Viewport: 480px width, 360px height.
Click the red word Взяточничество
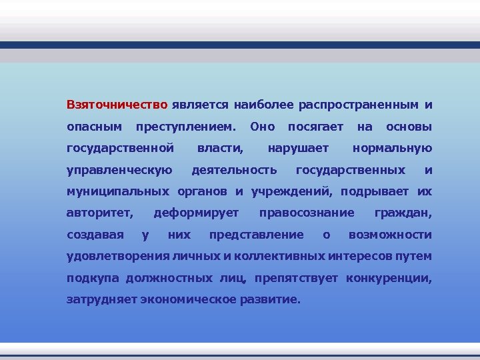tap(117, 105)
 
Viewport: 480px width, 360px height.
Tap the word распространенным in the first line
tap(359, 105)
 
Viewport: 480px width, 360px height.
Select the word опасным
tap(95, 127)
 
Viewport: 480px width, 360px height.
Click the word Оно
tap(261, 127)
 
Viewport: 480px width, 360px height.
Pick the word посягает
tap(315, 127)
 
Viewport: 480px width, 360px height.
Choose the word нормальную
tap(392, 148)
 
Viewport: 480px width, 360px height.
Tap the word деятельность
tap(234, 170)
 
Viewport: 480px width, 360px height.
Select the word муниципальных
tap(118, 191)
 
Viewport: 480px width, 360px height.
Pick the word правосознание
tap(307, 213)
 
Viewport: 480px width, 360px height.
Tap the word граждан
tap(403, 213)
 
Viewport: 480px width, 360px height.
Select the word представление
tap(257, 235)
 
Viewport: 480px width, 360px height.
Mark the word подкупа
tap(89, 278)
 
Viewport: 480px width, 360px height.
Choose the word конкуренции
tap(389, 278)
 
